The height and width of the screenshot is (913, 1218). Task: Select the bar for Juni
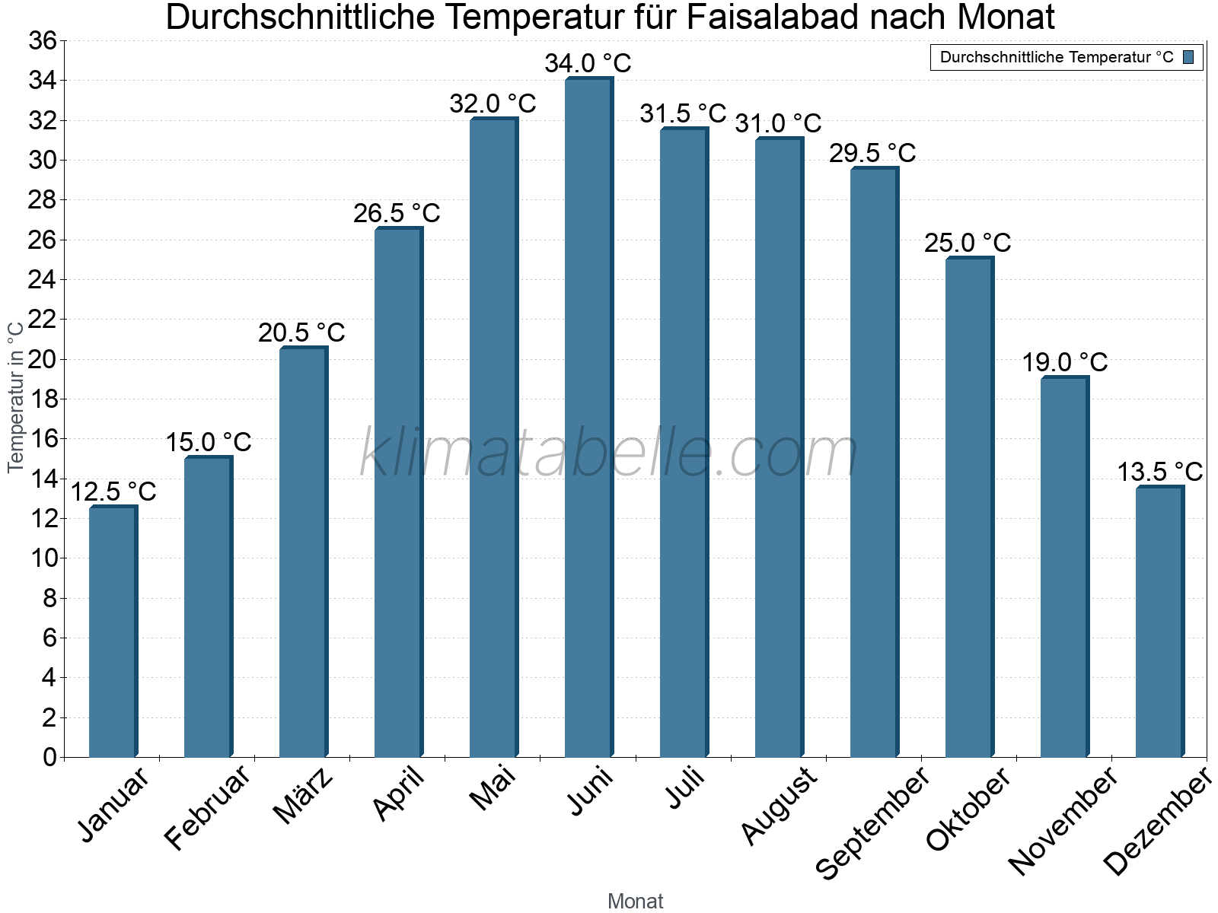point(588,418)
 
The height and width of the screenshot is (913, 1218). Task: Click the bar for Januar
point(112,631)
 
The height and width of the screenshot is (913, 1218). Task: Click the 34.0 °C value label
point(588,63)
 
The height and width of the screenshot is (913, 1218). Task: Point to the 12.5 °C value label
point(113,491)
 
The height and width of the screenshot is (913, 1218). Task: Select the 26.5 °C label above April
point(397,213)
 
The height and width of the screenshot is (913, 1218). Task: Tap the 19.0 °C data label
point(1064,362)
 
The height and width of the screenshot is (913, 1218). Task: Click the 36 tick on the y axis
point(43,40)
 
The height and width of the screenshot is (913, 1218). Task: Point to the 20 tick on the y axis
point(43,359)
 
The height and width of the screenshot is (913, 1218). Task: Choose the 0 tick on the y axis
point(50,757)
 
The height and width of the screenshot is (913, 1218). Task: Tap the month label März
point(303,796)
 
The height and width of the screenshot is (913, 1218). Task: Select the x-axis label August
point(778,806)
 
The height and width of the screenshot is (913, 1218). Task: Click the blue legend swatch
point(1188,57)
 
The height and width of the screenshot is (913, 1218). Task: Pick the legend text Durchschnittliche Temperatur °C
point(1057,57)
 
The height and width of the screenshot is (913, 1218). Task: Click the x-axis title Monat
point(635,901)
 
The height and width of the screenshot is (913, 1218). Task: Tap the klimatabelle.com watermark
point(609,453)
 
